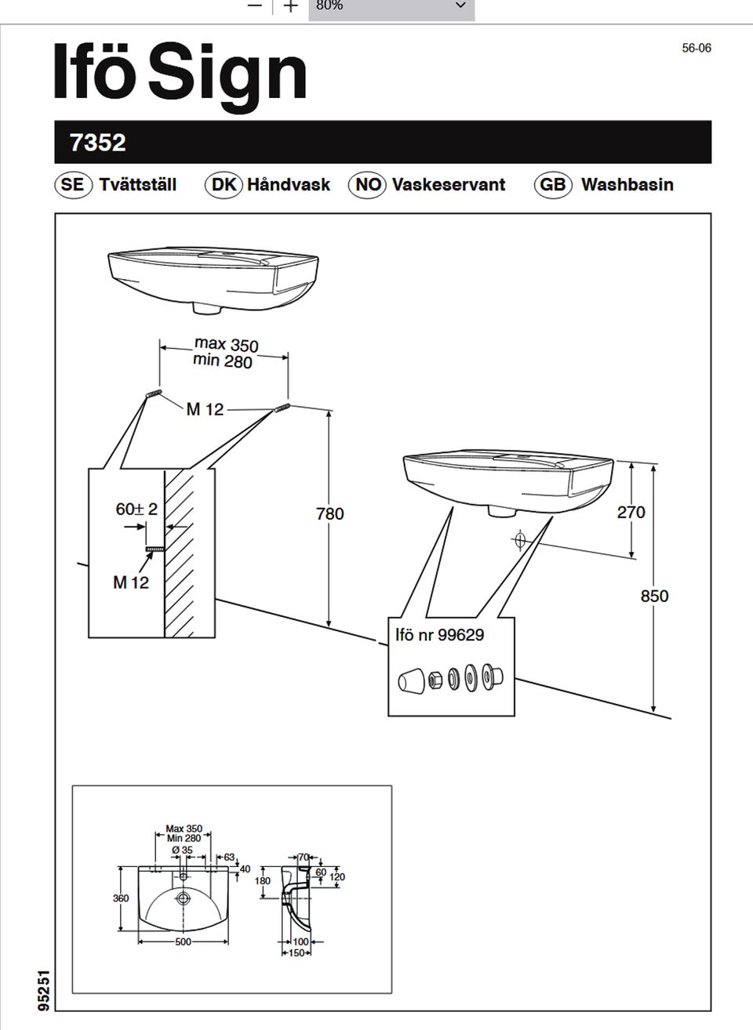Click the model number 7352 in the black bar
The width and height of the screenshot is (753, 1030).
[98, 143]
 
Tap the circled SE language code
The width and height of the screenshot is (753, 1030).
[71, 185]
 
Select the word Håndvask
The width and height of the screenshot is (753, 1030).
[288, 185]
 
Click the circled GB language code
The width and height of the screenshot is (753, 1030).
[552, 185]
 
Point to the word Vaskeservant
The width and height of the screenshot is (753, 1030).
[448, 185]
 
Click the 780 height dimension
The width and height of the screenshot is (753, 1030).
[329, 513]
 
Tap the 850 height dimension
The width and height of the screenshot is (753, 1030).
[654, 596]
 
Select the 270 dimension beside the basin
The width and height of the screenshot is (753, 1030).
[631, 513]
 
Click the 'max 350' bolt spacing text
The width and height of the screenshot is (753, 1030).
[226, 344]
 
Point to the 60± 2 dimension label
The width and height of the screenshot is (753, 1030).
[136, 510]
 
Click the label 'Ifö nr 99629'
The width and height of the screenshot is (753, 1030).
[439, 635]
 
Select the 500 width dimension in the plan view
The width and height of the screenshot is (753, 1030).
[183, 941]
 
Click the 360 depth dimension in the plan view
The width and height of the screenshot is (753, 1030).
[121, 898]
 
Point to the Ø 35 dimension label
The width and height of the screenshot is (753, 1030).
[182, 850]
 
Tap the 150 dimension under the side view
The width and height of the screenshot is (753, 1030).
[296, 953]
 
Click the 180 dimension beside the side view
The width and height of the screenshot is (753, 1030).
[263, 881]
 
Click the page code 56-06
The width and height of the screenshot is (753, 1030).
[696, 48]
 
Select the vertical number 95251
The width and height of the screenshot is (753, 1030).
[45, 992]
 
